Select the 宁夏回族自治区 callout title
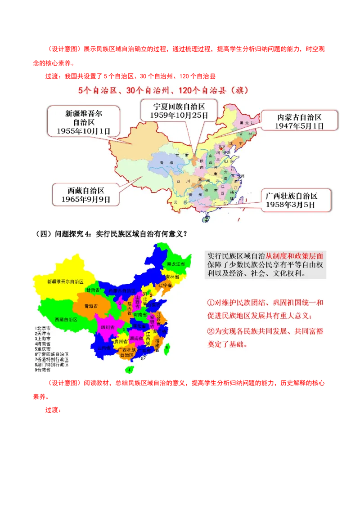[179, 107]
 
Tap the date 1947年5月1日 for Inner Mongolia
[299, 126]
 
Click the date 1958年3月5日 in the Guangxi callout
[291, 205]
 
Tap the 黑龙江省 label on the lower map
[175, 264]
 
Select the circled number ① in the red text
[210, 303]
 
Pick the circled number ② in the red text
[210, 332]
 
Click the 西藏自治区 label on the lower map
[66, 319]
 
